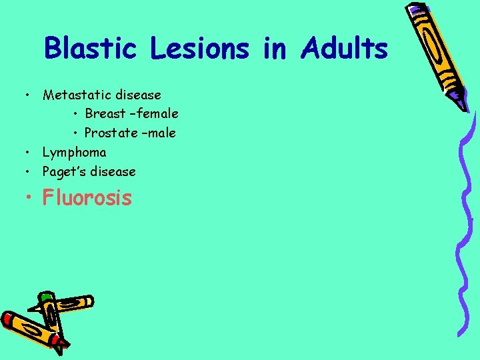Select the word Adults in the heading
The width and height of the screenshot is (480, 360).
(x=344, y=49)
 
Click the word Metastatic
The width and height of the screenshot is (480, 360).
(x=73, y=95)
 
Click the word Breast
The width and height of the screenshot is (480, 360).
(x=105, y=114)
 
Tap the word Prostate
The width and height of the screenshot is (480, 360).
(x=111, y=133)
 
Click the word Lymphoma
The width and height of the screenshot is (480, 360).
(x=74, y=152)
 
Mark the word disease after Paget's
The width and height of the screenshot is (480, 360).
(x=112, y=171)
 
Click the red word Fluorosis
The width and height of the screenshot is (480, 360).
(x=87, y=198)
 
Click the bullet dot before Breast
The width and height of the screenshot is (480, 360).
(x=77, y=114)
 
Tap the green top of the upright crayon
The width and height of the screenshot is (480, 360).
(x=46, y=295)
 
